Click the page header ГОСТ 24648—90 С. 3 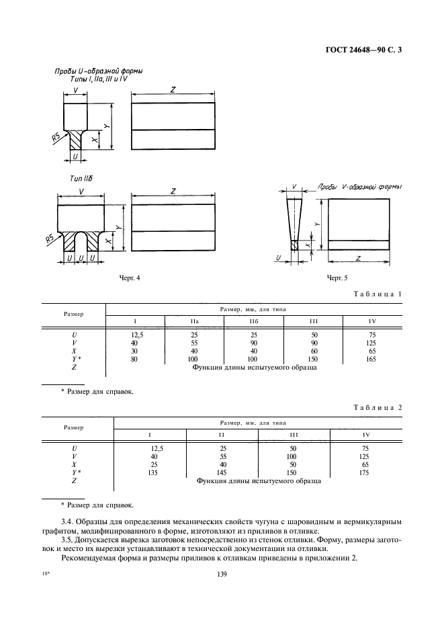point(364,50)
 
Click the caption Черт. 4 point(130,278)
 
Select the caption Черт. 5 point(337,278)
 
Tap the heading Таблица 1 point(378,294)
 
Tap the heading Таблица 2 point(378,407)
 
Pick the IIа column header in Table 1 point(194,321)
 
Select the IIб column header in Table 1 point(253,321)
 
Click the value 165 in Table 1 point(371,359)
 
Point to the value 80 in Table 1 point(134,359)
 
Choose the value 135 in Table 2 point(152,472)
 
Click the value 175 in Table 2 point(364,472)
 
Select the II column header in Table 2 point(222,435)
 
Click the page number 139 point(222,575)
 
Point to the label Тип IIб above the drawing point(81,179)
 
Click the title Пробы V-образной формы point(360,187)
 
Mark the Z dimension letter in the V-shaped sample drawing point(358,258)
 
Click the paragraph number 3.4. point(67,522)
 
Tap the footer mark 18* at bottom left point(45,574)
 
